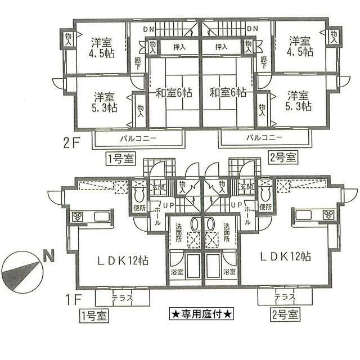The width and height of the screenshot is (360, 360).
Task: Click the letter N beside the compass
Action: (x=49, y=259)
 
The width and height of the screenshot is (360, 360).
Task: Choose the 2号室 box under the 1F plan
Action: (x=284, y=314)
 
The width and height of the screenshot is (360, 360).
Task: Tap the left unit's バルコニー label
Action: (x=137, y=137)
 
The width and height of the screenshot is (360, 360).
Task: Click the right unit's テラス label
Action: (x=285, y=297)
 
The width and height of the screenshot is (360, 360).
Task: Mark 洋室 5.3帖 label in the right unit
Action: (x=298, y=101)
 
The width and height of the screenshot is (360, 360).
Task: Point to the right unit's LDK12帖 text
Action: (x=285, y=256)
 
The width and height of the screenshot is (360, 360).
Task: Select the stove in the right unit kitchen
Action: (x=328, y=214)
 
